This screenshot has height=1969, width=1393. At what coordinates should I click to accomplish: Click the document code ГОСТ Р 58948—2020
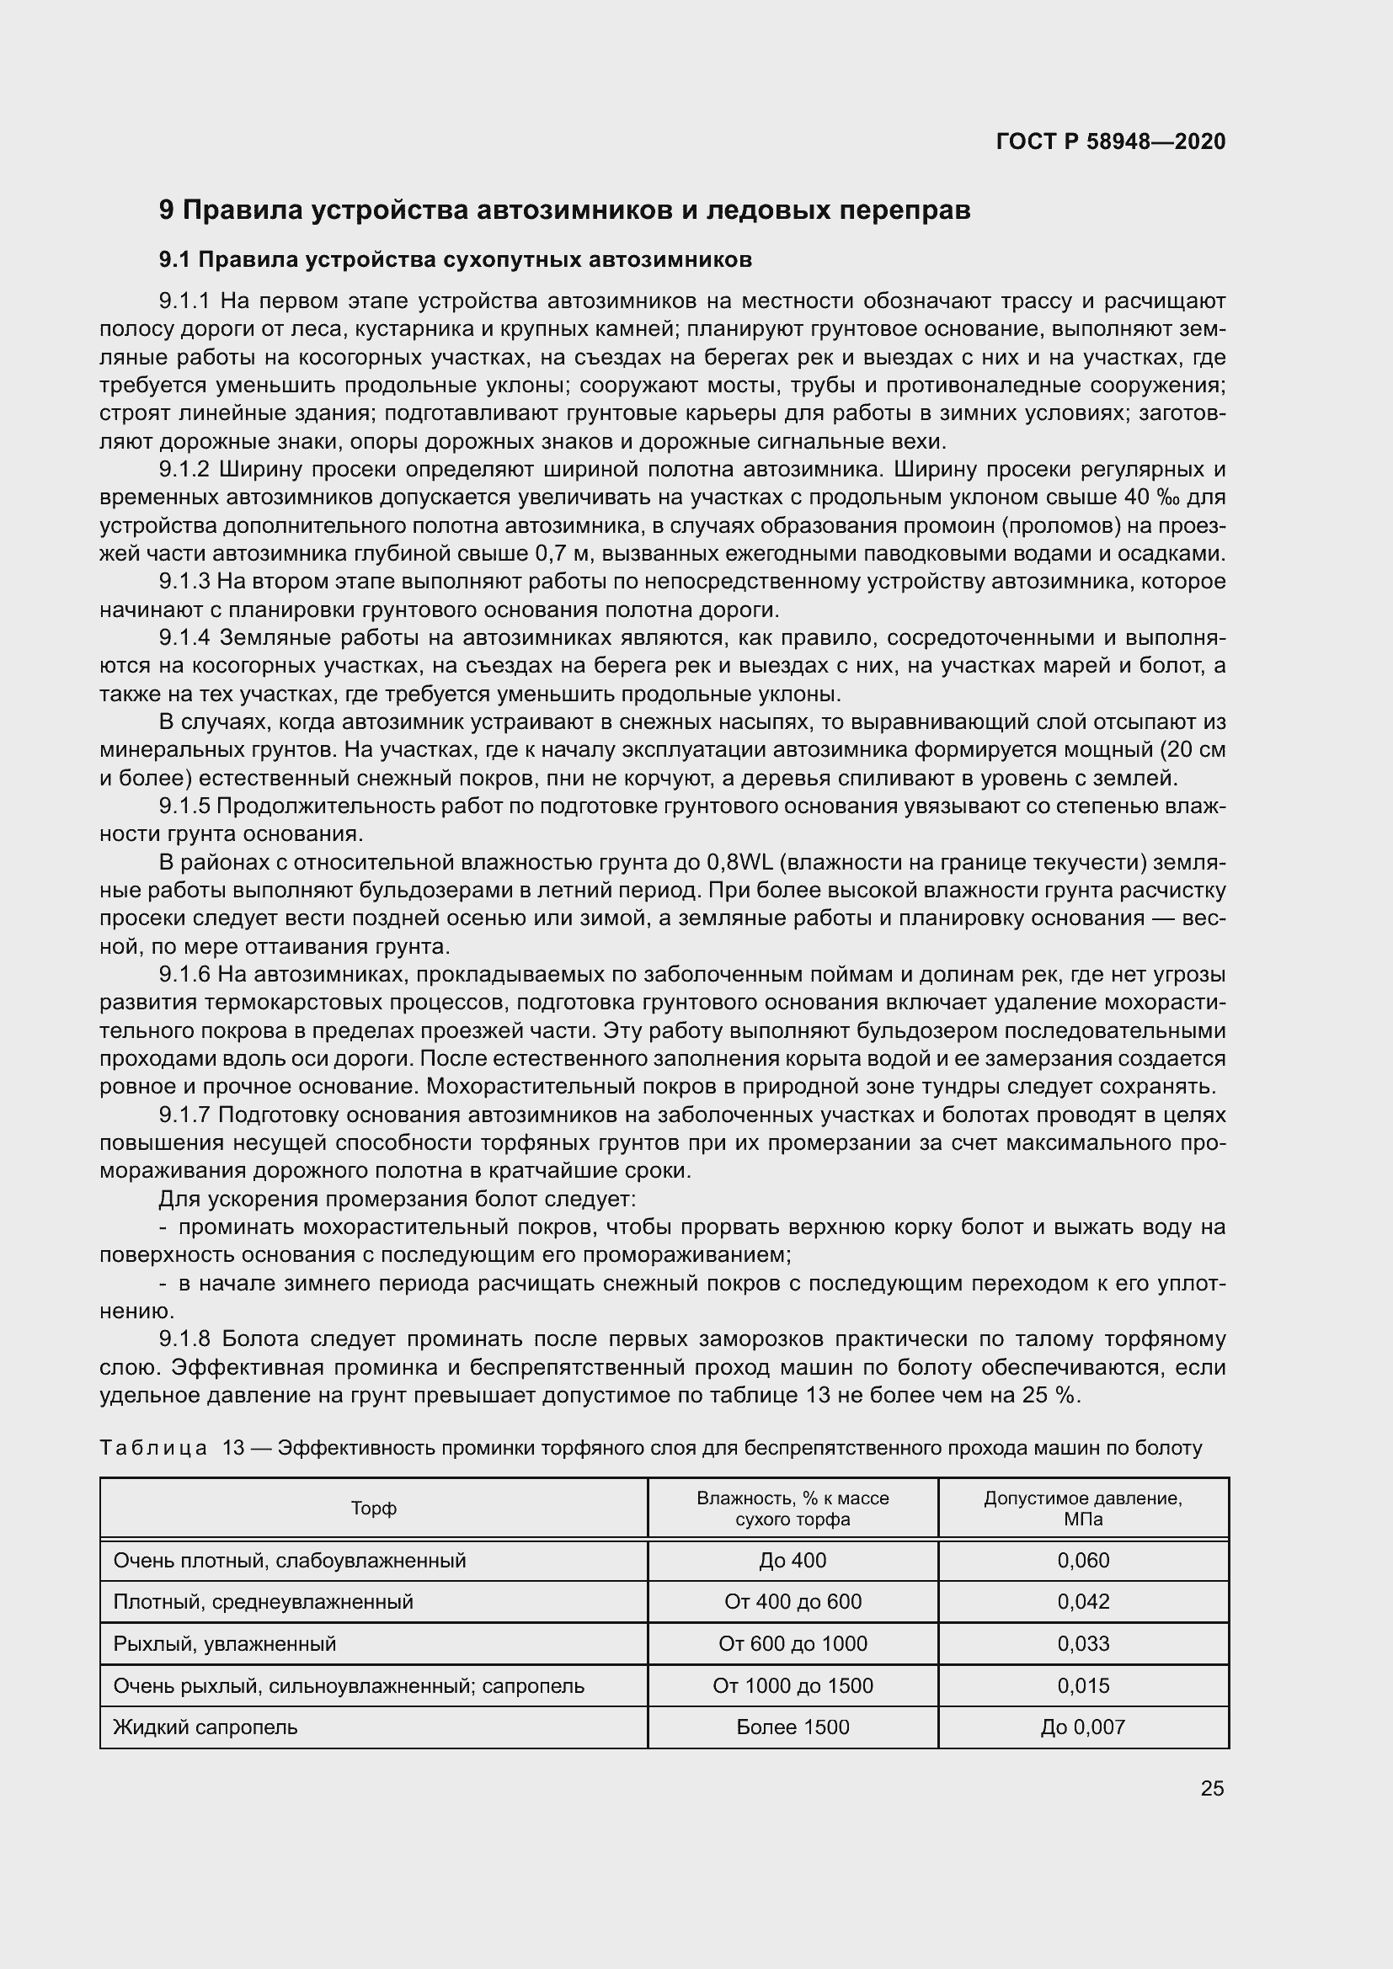pos(1110,141)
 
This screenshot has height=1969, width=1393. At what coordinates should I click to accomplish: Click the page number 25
pos(1212,1788)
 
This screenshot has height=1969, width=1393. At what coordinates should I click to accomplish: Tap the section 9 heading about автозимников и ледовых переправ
pos(564,210)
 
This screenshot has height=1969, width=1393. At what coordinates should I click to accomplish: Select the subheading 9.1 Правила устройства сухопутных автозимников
pos(455,260)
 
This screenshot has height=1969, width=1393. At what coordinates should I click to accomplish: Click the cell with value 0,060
pos(1082,1560)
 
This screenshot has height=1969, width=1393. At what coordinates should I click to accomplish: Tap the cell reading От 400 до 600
pos(793,1601)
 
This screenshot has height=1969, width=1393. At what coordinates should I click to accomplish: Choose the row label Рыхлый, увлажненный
pos(225,1643)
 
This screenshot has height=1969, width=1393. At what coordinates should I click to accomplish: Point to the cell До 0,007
pos(1082,1727)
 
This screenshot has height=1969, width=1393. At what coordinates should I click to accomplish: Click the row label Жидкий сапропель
pos(205,1727)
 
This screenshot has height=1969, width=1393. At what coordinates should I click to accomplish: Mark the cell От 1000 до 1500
pos(793,1685)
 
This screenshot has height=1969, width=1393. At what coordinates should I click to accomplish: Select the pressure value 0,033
pos(1082,1643)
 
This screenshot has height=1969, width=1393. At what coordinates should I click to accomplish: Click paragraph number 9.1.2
pos(184,470)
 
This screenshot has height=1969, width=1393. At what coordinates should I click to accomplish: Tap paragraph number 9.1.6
pos(184,975)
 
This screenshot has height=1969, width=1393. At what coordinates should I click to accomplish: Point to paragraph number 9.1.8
pos(184,1339)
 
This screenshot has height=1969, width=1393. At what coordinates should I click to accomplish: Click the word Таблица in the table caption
pos(153,1449)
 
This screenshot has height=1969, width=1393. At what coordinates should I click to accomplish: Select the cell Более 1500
pos(793,1727)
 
